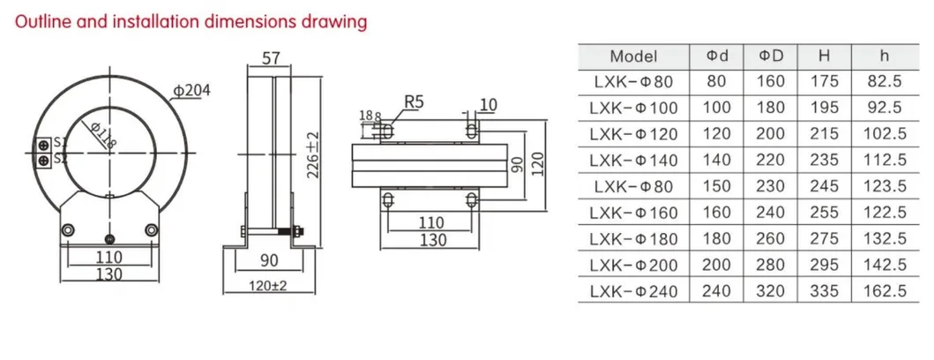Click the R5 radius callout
(414, 103)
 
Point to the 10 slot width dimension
(488, 105)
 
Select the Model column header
(633, 56)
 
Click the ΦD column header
(770, 56)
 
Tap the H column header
(824, 56)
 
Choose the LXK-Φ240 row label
(633, 290)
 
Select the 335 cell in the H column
(824, 290)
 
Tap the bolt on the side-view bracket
(296, 233)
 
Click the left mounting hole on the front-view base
(67, 230)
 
